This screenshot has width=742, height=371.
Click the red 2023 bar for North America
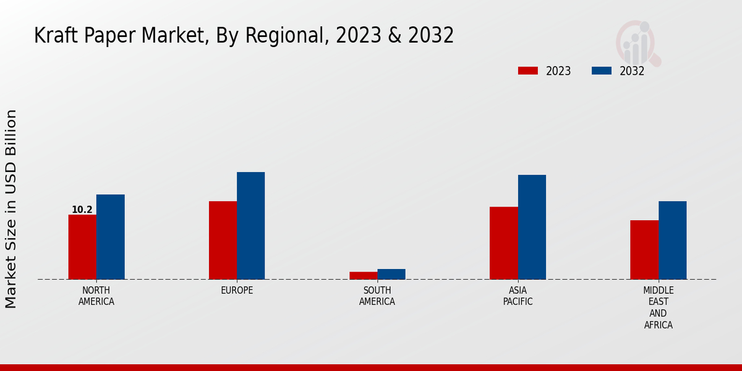pos(82,247)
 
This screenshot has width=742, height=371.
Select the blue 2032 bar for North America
pos(110,237)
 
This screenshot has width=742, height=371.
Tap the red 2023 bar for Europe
pos(223,240)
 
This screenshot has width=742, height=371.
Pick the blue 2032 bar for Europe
pos(250,226)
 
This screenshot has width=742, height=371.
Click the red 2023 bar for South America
pos(363,275)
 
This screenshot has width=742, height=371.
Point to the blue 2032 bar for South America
pos(391,274)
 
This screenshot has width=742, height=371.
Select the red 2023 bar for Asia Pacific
pos(503,243)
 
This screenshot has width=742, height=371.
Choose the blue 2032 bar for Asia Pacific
pos(532,227)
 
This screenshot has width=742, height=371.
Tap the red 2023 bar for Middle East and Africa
pos(644,250)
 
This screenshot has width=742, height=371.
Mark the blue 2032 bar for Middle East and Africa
pos(672,240)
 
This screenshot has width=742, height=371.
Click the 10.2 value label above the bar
pos(82,210)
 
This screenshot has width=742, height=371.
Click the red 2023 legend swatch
pos(528,70)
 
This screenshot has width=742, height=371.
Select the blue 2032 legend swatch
pos(601,70)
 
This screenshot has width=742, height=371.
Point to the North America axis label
pos(96,296)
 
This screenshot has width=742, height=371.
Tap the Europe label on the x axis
pos(237,291)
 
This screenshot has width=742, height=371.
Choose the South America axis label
pos(377,296)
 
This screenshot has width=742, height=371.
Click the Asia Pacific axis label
pos(518,296)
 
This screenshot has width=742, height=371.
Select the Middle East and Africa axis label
pos(659,307)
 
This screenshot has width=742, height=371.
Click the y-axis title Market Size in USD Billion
pos(11,209)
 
